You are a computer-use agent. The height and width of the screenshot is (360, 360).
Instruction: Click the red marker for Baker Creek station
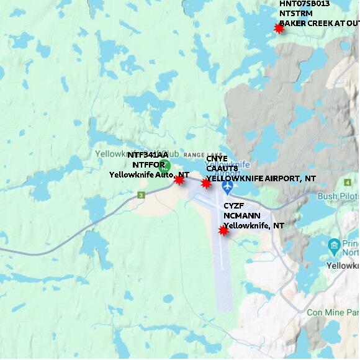pos(279,28)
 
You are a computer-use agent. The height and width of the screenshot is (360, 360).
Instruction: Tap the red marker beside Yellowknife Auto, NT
pos(179,179)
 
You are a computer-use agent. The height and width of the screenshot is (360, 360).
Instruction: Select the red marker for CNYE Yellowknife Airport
pos(206,183)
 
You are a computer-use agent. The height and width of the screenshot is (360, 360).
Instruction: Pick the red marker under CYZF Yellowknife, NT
pos(223,230)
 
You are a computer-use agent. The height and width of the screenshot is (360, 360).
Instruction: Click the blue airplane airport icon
pos(227,185)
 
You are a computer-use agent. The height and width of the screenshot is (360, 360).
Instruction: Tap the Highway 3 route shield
pos(141,195)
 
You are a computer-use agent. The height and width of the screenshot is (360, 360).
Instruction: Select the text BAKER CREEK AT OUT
pos(318,24)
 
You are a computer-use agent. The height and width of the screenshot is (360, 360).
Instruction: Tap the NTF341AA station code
pos(148,155)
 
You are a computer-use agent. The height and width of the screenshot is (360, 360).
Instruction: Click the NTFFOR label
pos(148,164)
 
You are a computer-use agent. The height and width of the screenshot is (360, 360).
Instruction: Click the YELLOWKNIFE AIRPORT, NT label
pos(261,178)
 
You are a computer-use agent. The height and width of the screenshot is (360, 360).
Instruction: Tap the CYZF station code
pos(233,206)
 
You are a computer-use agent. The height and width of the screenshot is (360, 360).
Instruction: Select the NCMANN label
pos(240,216)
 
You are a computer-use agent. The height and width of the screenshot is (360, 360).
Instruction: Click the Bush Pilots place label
pos(338,196)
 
